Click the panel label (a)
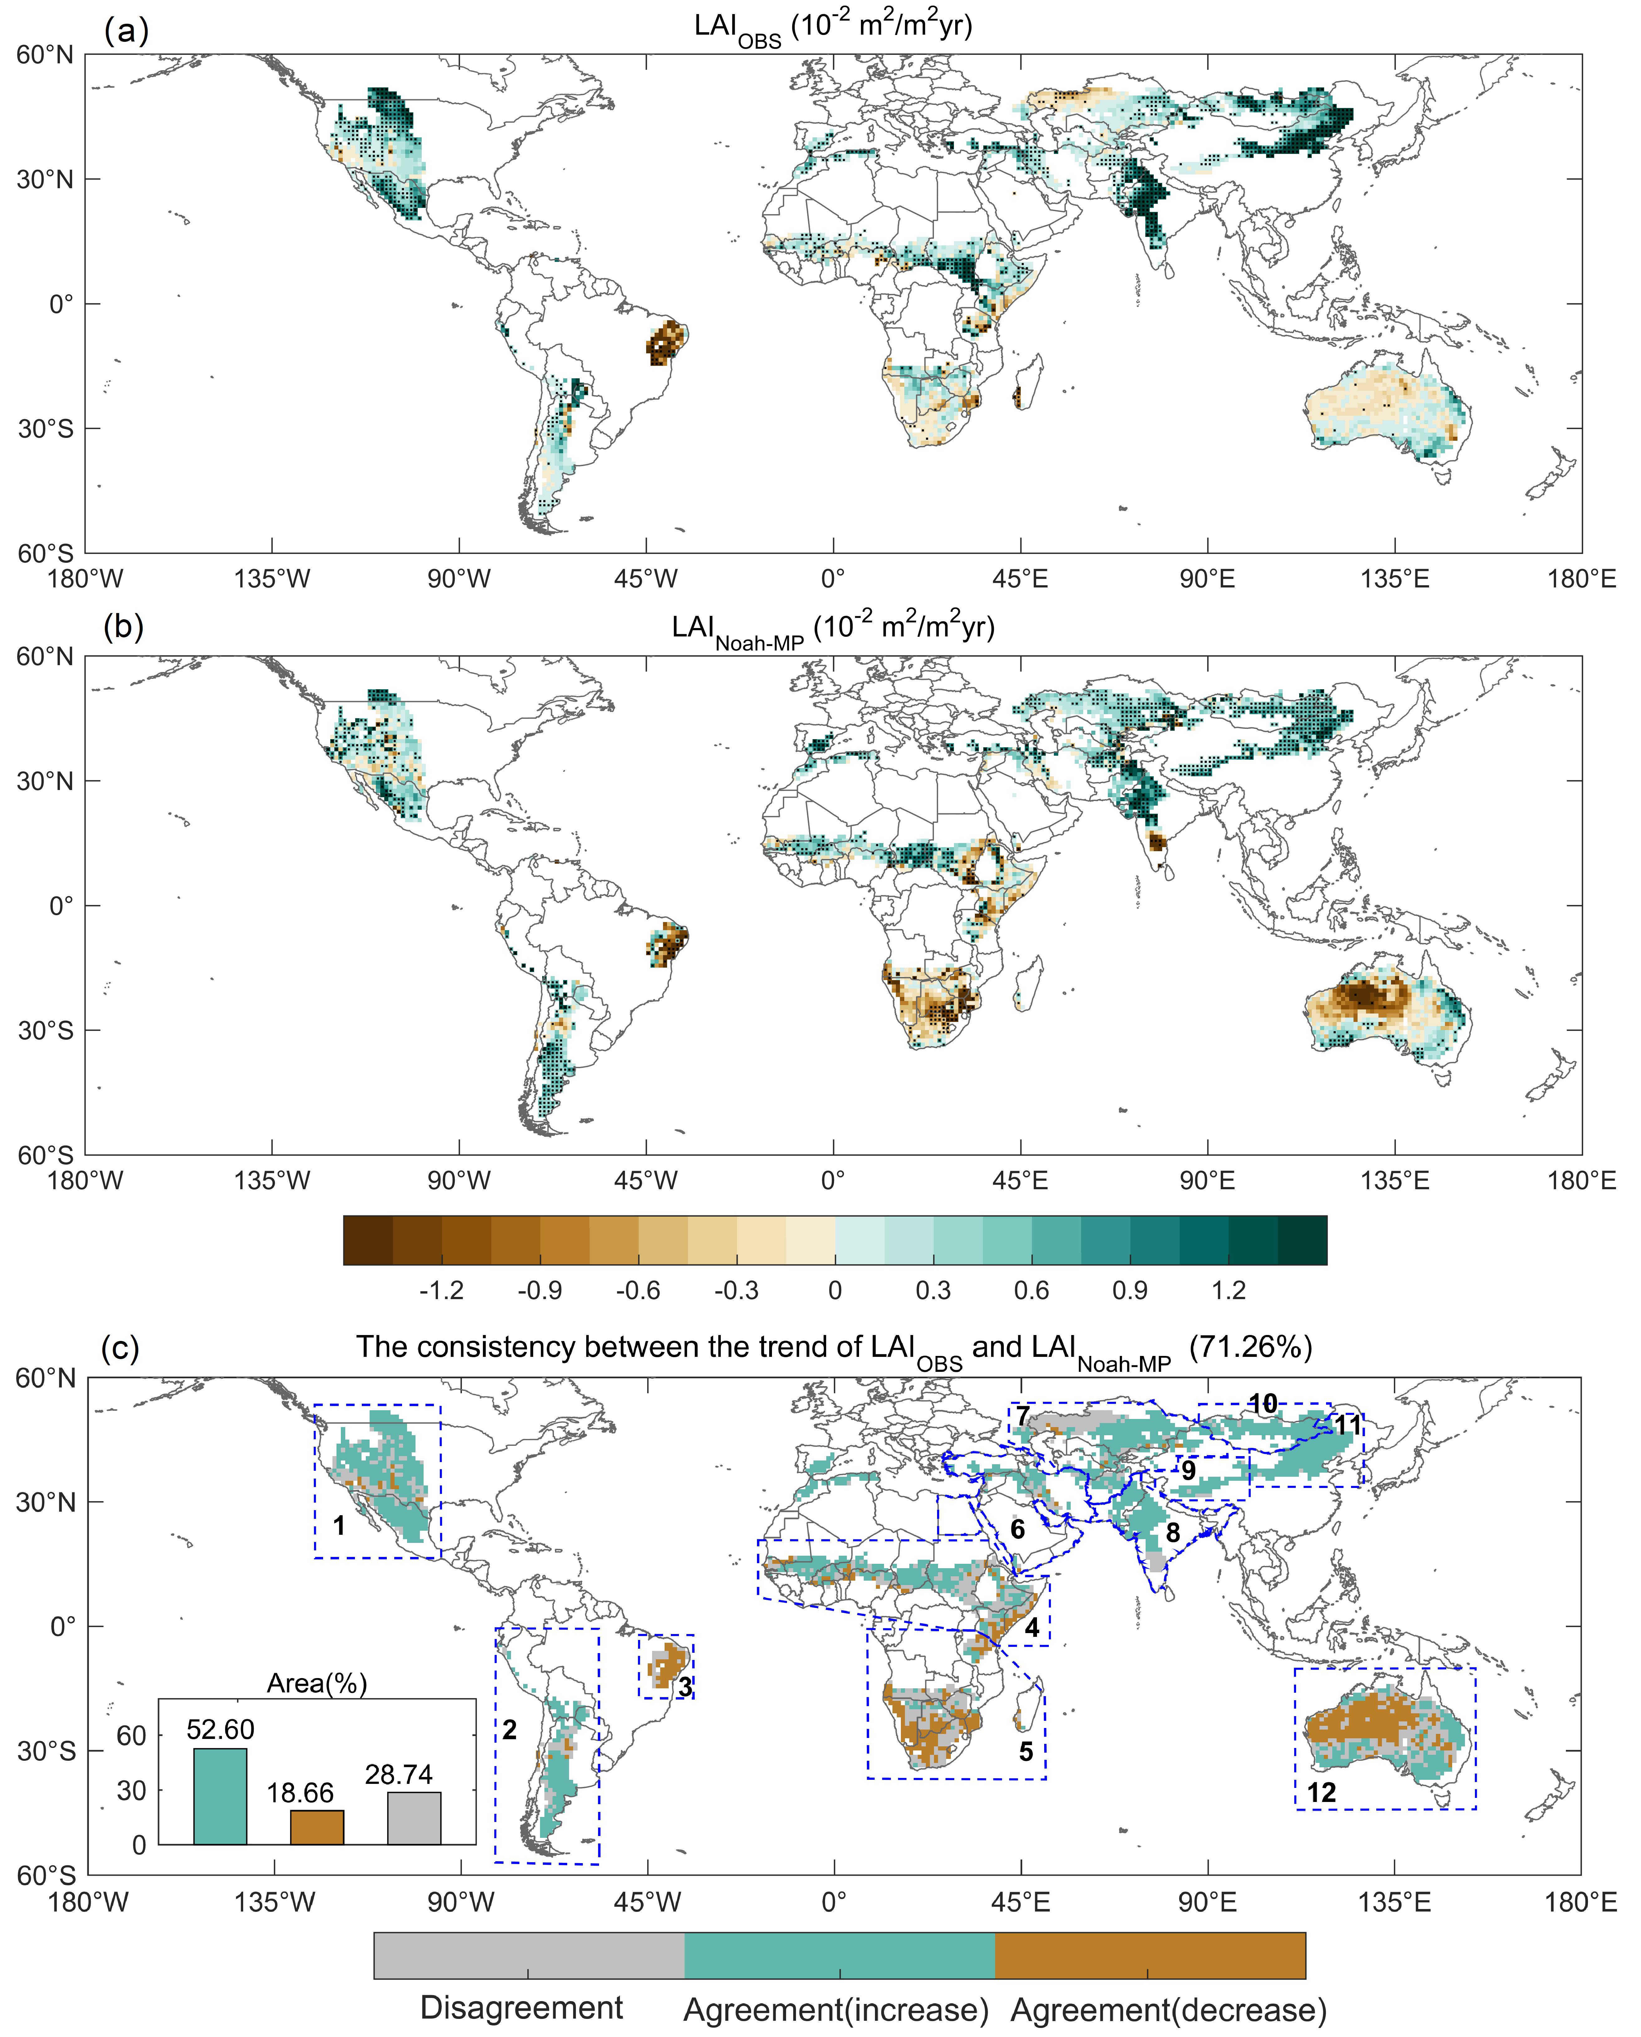[x=126, y=31]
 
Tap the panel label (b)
[x=123, y=628]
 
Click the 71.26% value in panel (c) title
[x=1250, y=1347]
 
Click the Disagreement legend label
[x=521, y=2007]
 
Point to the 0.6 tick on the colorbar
[x=1031, y=1290]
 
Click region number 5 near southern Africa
[x=1026, y=1751]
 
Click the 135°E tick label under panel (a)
[x=1395, y=578]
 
